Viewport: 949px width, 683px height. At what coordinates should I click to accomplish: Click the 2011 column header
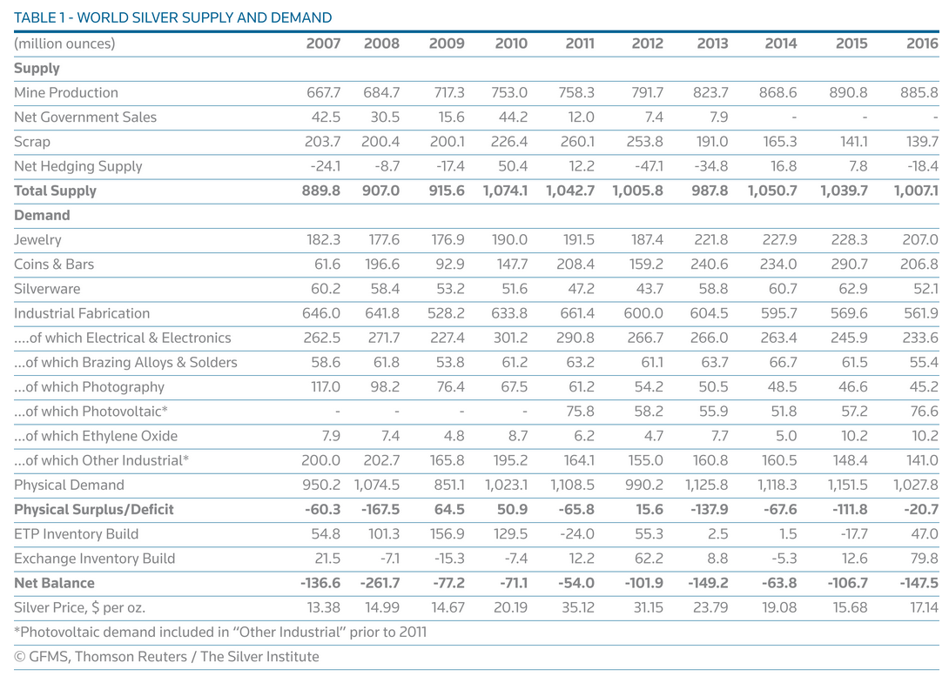click(x=579, y=44)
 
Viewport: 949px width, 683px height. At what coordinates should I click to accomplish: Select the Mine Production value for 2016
click(x=919, y=92)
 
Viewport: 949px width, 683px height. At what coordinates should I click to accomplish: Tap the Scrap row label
click(x=32, y=142)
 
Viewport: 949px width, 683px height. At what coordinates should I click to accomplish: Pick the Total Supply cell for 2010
click(x=505, y=191)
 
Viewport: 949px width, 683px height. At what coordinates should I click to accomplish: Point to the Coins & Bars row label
click(x=54, y=264)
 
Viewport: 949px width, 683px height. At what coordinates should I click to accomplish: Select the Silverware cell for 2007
click(x=326, y=289)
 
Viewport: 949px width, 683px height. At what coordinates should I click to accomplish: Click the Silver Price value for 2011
click(x=578, y=607)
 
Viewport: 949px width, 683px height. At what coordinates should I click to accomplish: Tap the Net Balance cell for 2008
click(x=380, y=583)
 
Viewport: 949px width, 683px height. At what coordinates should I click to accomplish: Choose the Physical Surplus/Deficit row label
click(x=94, y=509)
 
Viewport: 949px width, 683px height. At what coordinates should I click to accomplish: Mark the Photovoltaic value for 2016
click(x=924, y=412)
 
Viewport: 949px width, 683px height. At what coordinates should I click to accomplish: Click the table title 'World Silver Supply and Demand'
click(x=172, y=17)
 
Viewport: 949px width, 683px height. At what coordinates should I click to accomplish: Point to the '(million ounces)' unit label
click(x=64, y=44)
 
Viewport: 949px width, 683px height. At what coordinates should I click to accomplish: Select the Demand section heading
click(x=42, y=216)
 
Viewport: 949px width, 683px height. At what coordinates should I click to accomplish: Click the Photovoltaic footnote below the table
click(x=220, y=633)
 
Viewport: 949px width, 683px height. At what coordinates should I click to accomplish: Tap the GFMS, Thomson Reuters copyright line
click(x=166, y=657)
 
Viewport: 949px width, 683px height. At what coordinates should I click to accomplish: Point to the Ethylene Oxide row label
click(x=96, y=436)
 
